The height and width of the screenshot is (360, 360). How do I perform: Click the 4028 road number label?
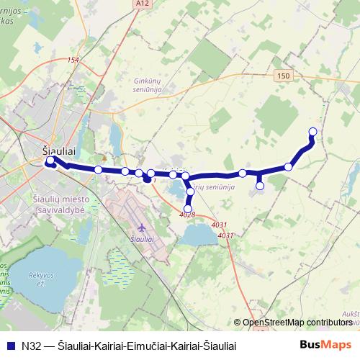(x=187, y=215)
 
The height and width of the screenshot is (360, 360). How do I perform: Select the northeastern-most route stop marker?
(x=312, y=131)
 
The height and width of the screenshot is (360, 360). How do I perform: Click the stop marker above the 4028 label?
(x=188, y=209)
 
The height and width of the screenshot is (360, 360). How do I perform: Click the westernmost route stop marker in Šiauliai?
(x=49, y=162)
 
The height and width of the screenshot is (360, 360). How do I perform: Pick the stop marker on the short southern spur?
(x=260, y=186)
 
